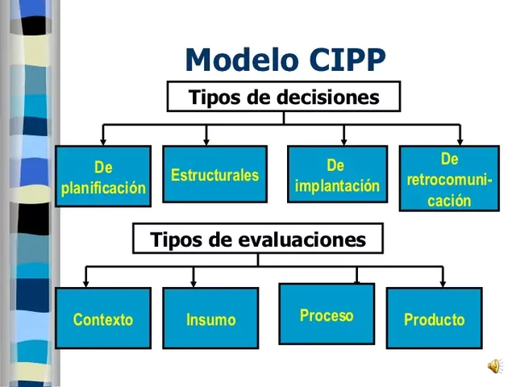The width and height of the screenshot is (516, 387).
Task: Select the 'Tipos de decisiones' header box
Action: [284, 97]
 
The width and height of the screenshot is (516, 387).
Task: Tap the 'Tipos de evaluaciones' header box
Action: [258, 239]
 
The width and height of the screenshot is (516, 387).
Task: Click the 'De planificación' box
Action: [103, 177]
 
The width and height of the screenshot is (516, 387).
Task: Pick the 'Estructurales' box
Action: [214, 175]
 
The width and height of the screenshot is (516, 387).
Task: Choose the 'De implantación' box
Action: [337, 175]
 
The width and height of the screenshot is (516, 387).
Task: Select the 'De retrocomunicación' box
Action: [449, 179]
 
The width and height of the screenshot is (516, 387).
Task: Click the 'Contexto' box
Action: [103, 318]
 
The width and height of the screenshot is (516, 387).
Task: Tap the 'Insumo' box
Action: [210, 318]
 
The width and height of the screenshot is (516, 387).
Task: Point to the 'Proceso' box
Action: [327, 314]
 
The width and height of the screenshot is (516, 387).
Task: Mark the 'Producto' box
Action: [434, 318]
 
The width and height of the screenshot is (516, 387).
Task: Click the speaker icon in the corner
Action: [493, 368]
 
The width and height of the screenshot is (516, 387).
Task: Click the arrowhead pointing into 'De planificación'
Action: [102, 141]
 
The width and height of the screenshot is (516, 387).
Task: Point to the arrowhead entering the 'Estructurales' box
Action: [214, 141]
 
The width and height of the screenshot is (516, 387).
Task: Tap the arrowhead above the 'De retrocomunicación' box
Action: [459, 141]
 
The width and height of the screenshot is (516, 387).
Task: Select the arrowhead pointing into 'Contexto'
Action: [86, 283]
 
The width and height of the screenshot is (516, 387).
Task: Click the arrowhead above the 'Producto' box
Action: [442, 283]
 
